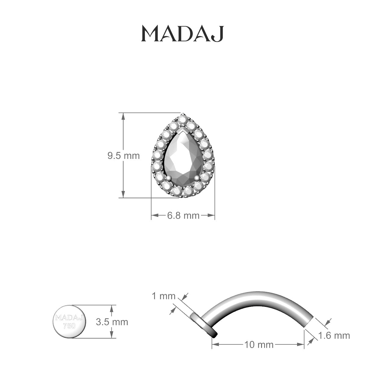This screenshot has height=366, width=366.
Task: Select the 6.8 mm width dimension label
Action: coord(183,216)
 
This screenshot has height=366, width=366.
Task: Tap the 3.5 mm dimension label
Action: coord(112,322)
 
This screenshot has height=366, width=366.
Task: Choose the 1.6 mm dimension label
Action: coord(334,336)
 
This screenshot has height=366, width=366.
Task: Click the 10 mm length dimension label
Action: coord(258,345)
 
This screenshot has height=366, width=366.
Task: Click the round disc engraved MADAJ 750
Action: coord(70,321)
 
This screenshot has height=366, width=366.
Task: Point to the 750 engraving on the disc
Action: coord(70,326)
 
